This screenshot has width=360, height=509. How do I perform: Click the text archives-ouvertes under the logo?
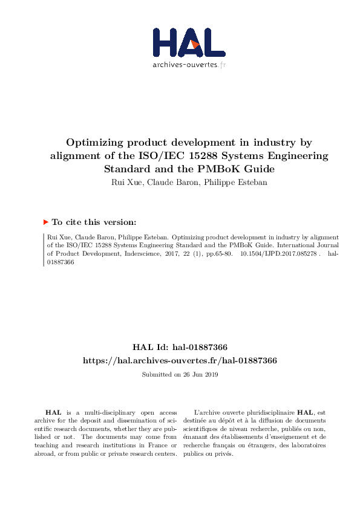[185, 64]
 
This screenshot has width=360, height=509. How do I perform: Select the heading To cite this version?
[94, 222]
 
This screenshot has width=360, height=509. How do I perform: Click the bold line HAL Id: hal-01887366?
[180, 347]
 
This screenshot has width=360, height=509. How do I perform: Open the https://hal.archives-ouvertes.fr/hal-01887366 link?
[180, 360]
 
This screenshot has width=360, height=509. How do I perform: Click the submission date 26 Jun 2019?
[198, 375]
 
